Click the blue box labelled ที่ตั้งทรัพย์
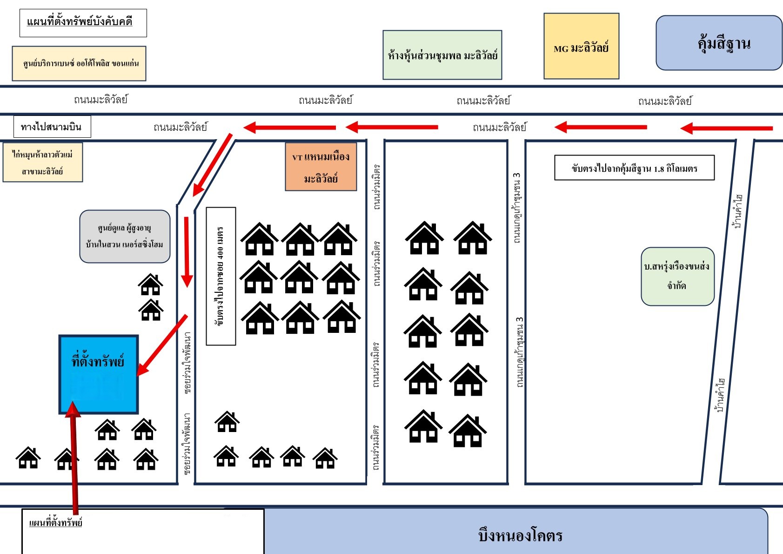(99, 374)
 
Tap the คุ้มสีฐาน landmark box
(719, 43)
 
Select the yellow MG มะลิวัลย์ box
(581, 46)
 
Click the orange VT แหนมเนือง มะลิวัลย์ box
(321, 167)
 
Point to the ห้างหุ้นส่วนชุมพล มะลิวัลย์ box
(442, 55)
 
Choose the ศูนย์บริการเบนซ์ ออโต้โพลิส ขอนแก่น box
(79, 63)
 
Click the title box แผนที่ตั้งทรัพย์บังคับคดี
(83, 23)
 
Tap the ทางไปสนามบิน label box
(52, 127)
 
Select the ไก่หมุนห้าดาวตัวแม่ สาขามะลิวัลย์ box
(43, 162)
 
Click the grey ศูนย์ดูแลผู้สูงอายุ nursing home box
(125, 236)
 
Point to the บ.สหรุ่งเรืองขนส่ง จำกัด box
(677, 276)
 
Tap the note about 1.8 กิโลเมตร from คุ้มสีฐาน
(635, 168)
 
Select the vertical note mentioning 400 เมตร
(221, 276)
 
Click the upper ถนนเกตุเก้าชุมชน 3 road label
(516, 208)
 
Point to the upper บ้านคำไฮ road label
(737, 212)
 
